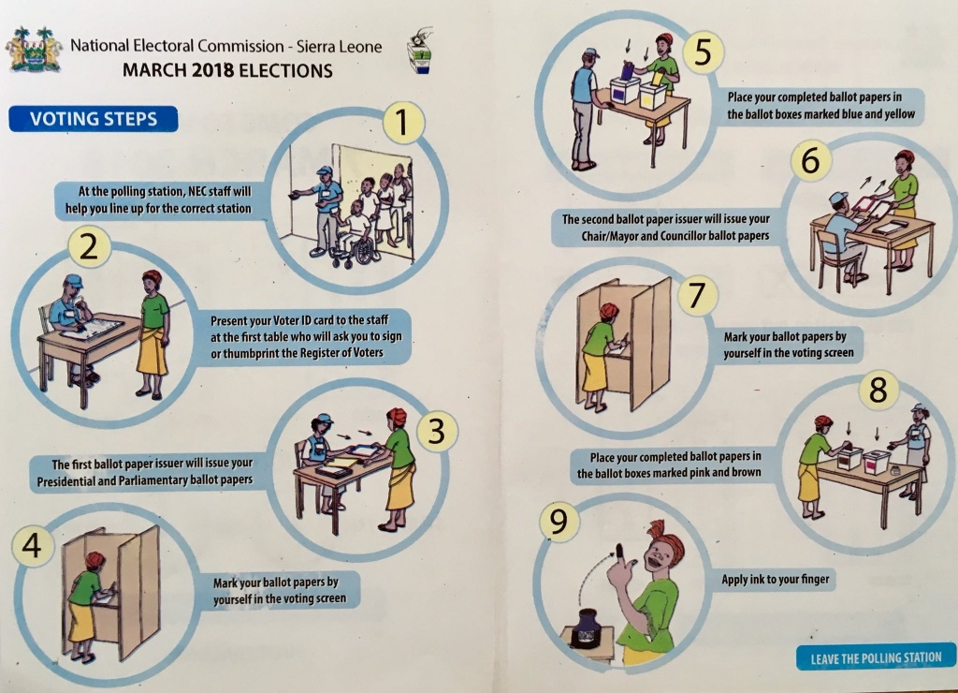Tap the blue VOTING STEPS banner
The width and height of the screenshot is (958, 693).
(x=94, y=119)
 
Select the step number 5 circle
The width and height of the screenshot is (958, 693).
(x=703, y=52)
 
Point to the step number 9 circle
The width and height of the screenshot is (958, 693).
(x=559, y=522)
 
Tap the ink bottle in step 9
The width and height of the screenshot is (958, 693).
(x=588, y=627)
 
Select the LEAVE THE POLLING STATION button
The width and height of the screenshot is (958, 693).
(x=876, y=657)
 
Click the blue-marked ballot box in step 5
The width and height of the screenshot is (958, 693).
(x=625, y=91)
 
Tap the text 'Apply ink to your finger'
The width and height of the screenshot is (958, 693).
(x=775, y=579)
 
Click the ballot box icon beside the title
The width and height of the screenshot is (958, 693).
(x=420, y=52)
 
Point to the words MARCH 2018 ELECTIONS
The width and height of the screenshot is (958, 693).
(x=227, y=70)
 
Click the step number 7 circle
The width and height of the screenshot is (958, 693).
(x=697, y=295)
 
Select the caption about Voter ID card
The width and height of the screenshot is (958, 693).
(x=306, y=336)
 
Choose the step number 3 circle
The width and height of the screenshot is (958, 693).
(x=436, y=431)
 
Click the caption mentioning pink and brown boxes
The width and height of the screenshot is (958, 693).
(x=669, y=464)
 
